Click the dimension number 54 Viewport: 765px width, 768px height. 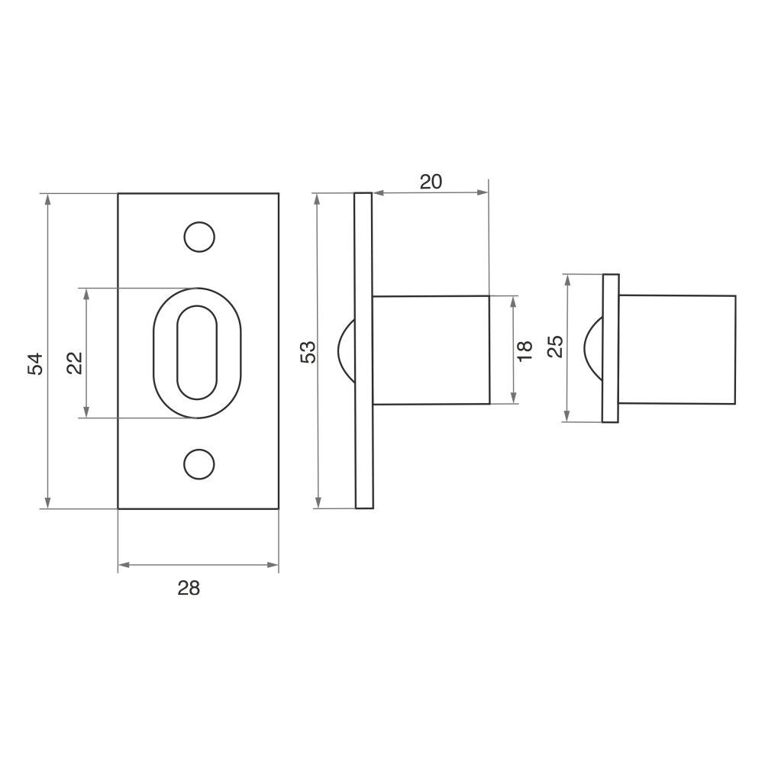pyautogui.click(x=35, y=364)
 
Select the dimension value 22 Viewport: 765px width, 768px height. pyautogui.click(x=75, y=363)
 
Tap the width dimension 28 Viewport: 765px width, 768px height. pyautogui.click(x=189, y=588)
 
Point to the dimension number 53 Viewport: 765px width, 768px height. pyautogui.click(x=308, y=352)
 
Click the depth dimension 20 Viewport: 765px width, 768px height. pyautogui.click(x=431, y=182)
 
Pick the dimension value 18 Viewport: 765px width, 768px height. pyautogui.click(x=524, y=350)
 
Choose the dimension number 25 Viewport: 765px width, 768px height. pyautogui.click(x=555, y=347)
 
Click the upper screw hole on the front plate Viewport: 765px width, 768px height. pyautogui.click(x=199, y=237)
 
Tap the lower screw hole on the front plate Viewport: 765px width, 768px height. pyautogui.click(x=199, y=464)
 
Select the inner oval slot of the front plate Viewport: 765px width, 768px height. pyautogui.click(x=177, y=353)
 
